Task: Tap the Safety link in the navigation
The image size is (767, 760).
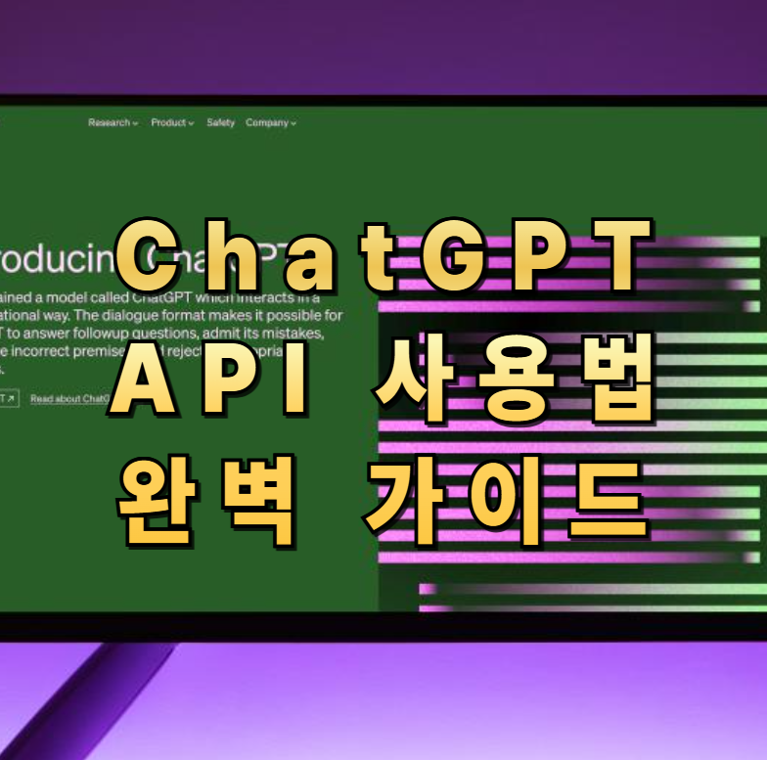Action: (x=220, y=123)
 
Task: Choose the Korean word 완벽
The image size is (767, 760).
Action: (x=205, y=499)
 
